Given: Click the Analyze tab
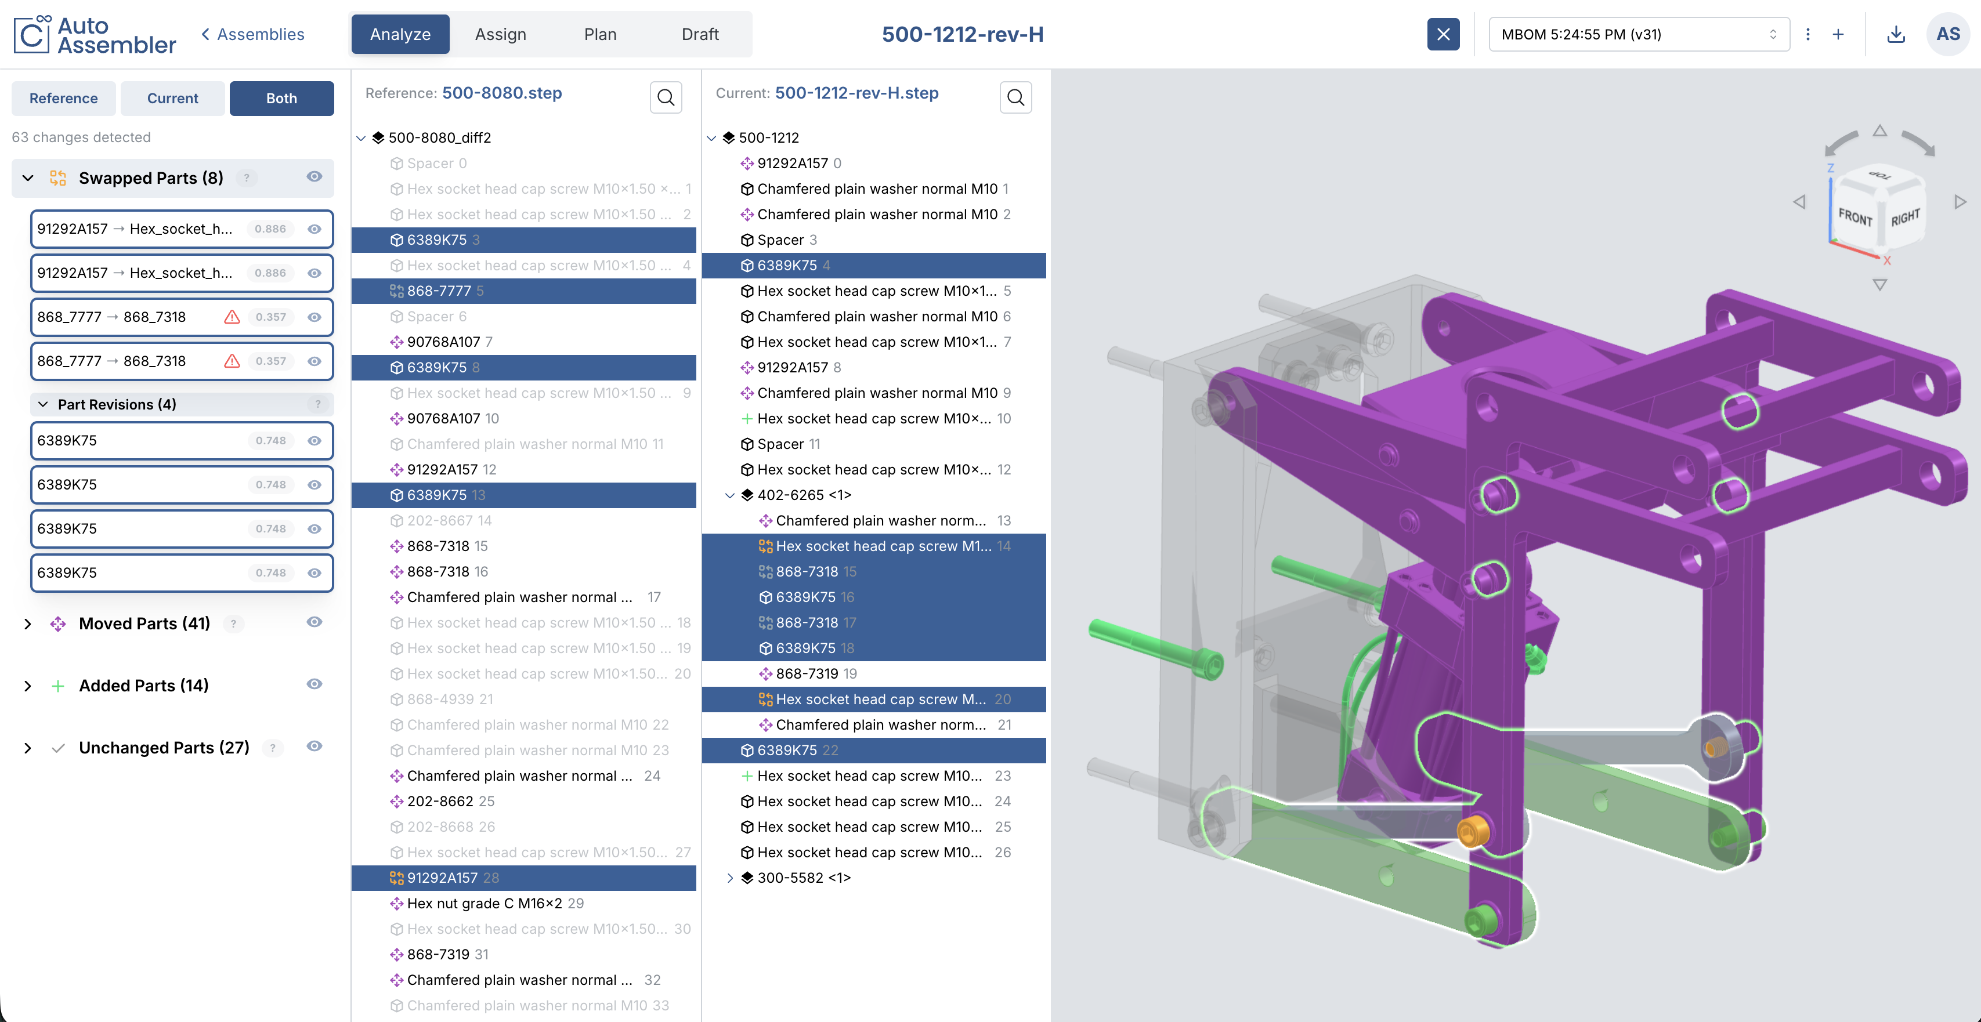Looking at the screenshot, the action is [400, 34].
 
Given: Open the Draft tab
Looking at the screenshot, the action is [700, 34].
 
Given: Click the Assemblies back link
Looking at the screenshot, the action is [252, 34].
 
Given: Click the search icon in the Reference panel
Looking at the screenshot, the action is [666, 97].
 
